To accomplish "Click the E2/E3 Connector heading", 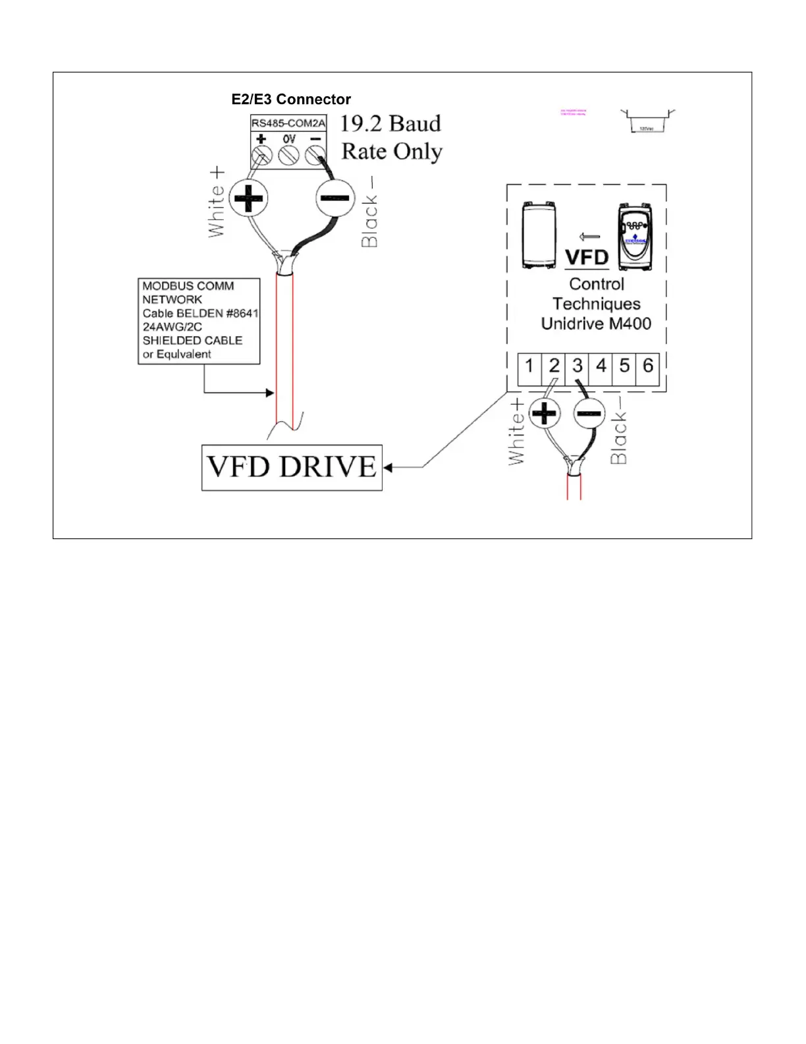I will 291,100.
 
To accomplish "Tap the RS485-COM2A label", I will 288,123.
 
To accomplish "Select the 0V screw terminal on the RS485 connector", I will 289,156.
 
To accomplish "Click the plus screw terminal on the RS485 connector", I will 261,156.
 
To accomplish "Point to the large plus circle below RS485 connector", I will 248,198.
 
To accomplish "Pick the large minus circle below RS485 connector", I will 335,198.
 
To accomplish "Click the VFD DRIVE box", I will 292,467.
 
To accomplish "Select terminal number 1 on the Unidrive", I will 529,366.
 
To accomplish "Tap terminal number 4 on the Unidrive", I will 601,366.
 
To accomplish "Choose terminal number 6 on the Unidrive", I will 648,366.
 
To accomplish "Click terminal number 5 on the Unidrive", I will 624,366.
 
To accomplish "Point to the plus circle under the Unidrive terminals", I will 544,414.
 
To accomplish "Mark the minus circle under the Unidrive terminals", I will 589,414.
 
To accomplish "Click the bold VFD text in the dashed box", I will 587,257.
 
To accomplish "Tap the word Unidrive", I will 570,324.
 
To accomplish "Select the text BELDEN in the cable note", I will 200,313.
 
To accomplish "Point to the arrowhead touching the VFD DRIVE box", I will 388,467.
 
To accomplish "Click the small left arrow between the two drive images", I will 589,237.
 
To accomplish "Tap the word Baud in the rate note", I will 415,123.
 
